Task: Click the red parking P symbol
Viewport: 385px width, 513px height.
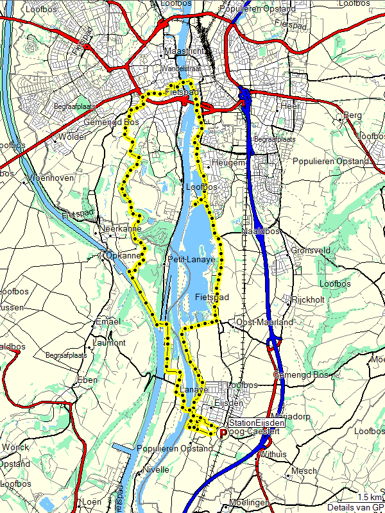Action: click(223, 433)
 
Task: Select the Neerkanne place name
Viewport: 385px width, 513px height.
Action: click(121, 229)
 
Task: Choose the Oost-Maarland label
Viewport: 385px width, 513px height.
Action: click(264, 322)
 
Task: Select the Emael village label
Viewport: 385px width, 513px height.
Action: click(107, 321)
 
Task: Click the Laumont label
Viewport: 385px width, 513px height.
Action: click(109, 343)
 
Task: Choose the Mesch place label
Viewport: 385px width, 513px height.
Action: click(304, 471)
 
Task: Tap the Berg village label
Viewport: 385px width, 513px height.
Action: click(354, 115)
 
